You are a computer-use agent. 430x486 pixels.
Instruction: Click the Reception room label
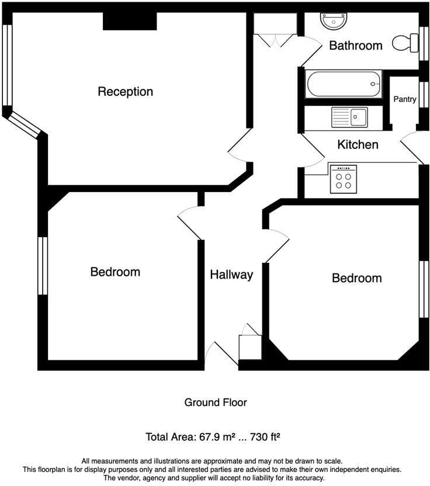[x=125, y=92]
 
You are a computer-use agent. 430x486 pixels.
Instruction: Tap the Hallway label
[x=231, y=275]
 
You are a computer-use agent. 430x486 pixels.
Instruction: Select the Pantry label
[x=404, y=99]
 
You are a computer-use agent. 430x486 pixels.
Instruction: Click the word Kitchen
[x=358, y=144]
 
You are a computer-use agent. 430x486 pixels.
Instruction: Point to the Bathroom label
[x=355, y=46]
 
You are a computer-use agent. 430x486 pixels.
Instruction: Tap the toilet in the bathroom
[x=405, y=43]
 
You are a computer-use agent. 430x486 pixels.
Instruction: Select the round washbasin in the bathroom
[x=334, y=21]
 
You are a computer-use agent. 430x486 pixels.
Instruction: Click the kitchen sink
[x=349, y=117]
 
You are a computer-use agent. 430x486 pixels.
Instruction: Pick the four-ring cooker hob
[x=344, y=178]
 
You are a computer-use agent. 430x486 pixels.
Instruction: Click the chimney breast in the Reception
[x=130, y=22]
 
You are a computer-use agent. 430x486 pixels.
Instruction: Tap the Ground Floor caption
[x=216, y=402]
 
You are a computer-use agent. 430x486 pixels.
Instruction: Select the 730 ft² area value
[x=263, y=437]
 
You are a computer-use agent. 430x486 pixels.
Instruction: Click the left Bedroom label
[x=115, y=272]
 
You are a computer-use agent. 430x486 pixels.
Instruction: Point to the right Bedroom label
[x=356, y=278]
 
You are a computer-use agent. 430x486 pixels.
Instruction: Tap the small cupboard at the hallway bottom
[x=249, y=347]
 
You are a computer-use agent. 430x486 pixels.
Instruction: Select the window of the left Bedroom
[x=42, y=266]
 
